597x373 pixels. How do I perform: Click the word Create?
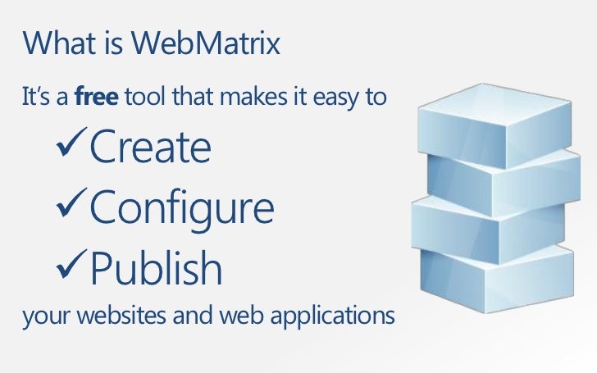[x=150, y=148]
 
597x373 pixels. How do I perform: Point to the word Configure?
[x=181, y=209]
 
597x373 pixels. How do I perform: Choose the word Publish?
[x=155, y=268]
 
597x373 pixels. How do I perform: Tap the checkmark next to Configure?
[x=69, y=207]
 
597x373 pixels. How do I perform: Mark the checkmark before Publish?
[x=69, y=266]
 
